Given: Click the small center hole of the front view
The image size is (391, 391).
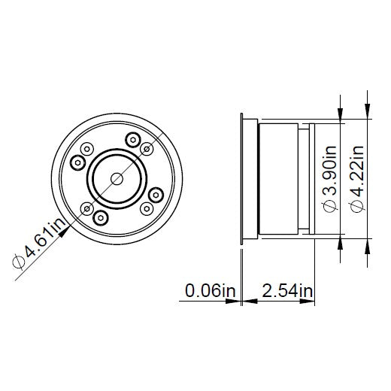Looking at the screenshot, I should click(117, 178).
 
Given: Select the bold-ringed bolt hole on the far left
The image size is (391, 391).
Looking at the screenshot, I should click(77, 162).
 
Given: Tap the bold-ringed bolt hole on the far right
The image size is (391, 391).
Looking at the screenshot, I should click(156, 195).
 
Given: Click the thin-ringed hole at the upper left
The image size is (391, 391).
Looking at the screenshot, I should click(86, 150).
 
